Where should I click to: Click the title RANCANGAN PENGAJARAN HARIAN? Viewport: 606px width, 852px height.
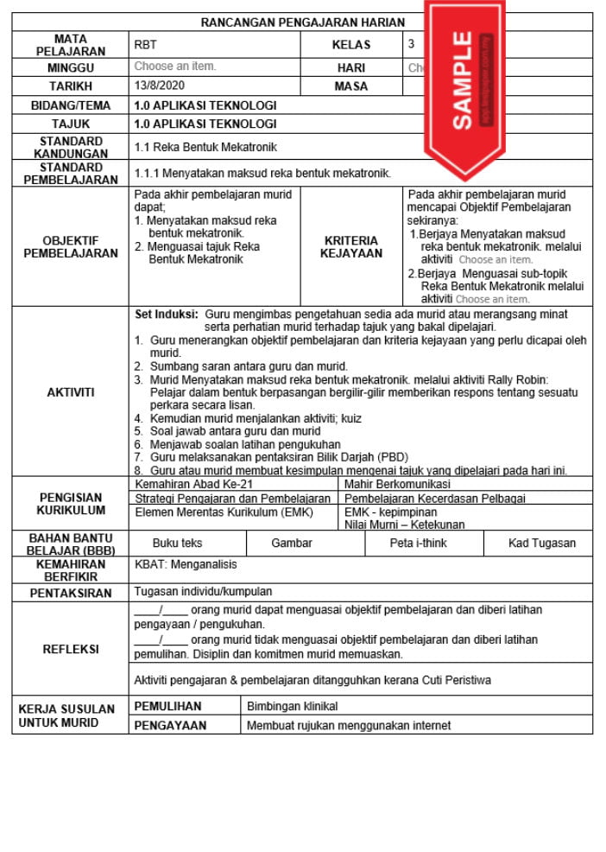[x=302, y=22]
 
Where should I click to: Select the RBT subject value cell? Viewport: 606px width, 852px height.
[x=146, y=45]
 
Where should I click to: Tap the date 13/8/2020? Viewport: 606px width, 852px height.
[x=160, y=86]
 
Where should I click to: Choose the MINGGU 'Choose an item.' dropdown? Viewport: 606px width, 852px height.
[x=175, y=67]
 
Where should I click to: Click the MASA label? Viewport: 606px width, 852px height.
[x=350, y=86]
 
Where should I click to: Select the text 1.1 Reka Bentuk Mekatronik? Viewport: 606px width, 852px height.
[x=205, y=147]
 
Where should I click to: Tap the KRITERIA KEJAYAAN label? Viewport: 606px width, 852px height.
[x=351, y=247]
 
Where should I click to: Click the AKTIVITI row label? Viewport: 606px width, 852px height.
[x=70, y=392]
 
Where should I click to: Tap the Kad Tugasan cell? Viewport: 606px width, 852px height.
[x=542, y=544]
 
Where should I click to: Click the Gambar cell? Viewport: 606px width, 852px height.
[x=292, y=544]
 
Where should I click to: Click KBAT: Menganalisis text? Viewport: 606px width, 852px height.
[x=186, y=564]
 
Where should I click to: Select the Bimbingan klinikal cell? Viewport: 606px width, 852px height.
[x=293, y=706]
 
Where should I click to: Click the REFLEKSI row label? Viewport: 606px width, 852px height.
[x=70, y=649]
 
